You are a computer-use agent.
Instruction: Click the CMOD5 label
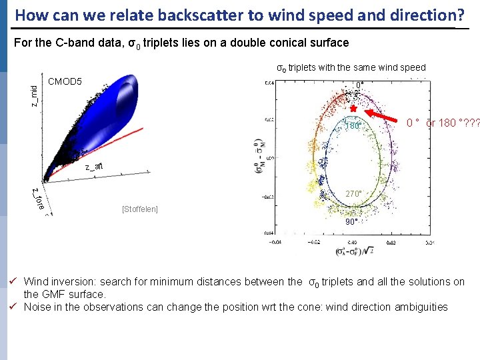pos(65,82)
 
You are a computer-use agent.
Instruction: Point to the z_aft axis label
pos(93,167)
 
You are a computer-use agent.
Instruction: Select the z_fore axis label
pos(39,198)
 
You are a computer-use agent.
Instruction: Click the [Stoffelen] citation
pos(140,209)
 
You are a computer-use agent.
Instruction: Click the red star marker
pos(353,108)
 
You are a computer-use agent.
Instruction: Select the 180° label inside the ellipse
pos(352,126)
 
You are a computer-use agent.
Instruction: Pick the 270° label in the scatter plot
pos(353,194)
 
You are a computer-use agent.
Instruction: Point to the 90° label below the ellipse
pos(351,221)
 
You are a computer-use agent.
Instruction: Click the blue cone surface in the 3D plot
pos(107,110)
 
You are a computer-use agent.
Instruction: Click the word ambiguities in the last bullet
pos(421,307)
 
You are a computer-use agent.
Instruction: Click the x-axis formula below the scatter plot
pos(354,252)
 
